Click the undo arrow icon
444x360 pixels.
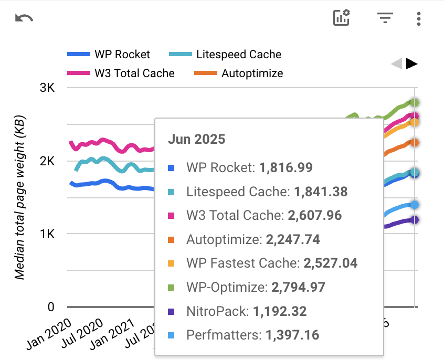point(24,18)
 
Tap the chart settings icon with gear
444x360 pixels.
point(342,18)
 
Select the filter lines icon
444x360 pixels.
point(385,18)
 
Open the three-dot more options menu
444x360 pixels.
point(418,19)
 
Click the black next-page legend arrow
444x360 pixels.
point(412,64)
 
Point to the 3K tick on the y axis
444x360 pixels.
point(47,88)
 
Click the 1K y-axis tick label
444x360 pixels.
point(47,234)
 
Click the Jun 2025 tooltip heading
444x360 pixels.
point(196,139)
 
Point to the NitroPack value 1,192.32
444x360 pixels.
point(280,311)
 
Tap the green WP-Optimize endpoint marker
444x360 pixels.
point(415,103)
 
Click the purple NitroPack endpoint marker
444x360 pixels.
point(415,220)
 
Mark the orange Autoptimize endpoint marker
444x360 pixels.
point(415,143)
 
